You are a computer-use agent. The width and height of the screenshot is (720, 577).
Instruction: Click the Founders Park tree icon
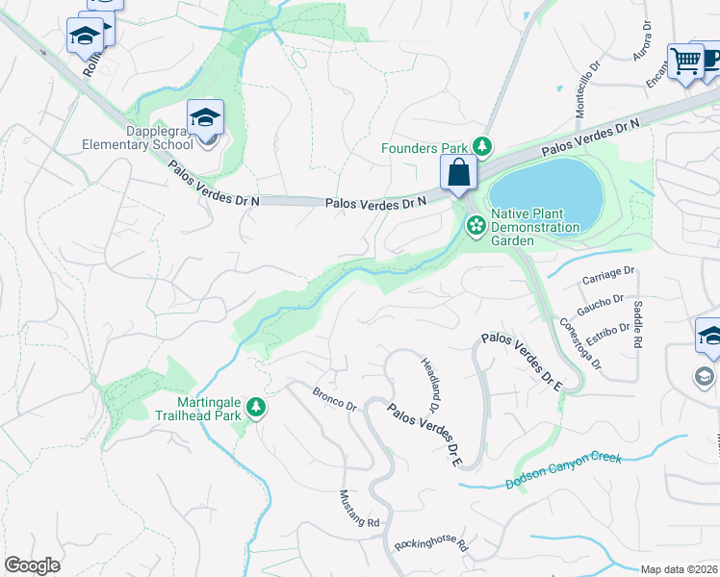(483, 147)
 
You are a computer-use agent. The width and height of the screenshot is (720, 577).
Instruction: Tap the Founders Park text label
(424, 148)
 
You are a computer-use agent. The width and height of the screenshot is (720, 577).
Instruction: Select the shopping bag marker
(459, 174)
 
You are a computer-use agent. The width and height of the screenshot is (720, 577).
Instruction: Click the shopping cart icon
(685, 62)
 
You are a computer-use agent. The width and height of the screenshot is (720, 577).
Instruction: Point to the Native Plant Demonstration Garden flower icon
(476, 226)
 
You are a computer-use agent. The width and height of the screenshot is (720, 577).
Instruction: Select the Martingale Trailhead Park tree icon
(255, 409)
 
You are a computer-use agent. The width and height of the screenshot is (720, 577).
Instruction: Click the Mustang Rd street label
(360, 509)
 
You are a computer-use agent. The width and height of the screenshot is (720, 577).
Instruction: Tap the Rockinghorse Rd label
(430, 546)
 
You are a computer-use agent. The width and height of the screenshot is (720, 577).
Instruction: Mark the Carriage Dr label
(609, 276)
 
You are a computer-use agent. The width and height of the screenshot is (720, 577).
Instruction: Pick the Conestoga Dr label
(580, 343)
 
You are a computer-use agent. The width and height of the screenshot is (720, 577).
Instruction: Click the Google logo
(32, 565)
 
